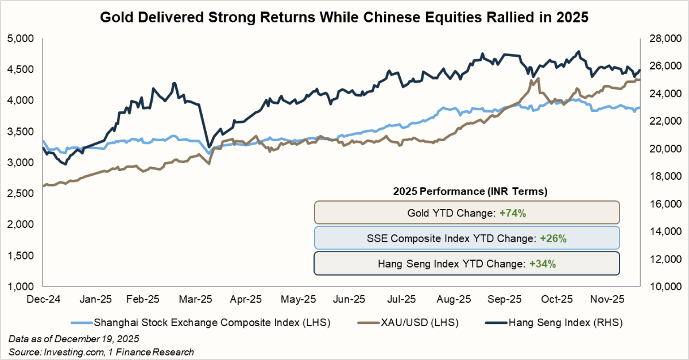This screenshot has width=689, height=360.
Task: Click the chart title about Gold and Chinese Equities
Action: coord(344,17)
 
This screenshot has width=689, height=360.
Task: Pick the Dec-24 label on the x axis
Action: coord(44,299)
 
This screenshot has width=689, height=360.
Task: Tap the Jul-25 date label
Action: coord(402,299)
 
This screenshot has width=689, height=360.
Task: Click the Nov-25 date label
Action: coord(608,299)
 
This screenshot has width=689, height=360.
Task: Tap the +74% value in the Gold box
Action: coord(513,212)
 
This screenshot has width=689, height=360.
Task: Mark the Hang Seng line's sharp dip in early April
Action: coord(208,146)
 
